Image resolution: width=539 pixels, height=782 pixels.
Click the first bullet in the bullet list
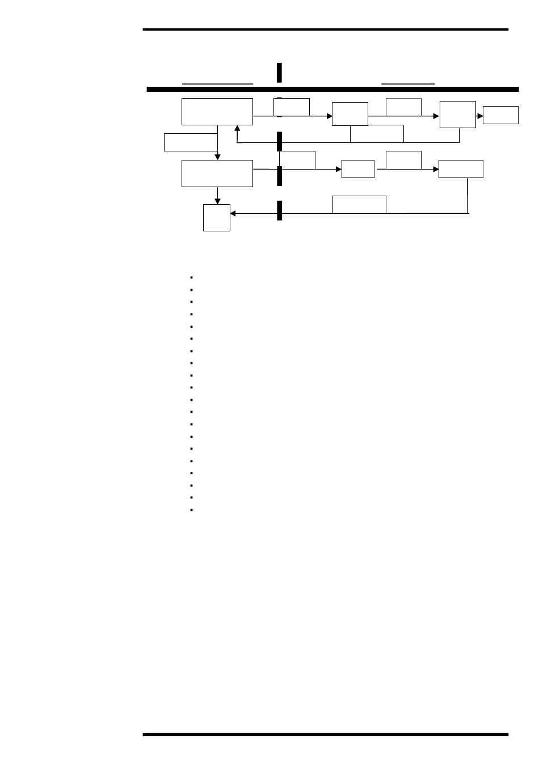point(192,277)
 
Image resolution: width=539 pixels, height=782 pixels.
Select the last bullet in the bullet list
point(192,510)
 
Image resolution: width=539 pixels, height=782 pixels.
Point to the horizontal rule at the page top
point(326,29)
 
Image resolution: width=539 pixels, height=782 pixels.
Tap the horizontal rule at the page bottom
point(326,734)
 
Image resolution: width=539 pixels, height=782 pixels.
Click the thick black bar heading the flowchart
point(332,89)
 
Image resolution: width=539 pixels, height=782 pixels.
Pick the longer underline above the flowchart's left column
point(217,83)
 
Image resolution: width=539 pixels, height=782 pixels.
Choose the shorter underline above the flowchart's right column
point(408,83)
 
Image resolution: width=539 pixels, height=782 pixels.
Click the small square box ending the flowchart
point(217,218)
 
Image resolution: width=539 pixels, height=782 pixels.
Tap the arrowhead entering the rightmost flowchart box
point(481,116)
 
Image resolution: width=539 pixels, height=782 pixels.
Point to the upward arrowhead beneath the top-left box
point(237,129)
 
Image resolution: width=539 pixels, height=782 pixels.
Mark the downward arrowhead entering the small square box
point(217,201)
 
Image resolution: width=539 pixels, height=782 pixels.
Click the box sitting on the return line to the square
point(359,205)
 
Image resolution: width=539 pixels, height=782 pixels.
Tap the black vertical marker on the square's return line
point(280,210)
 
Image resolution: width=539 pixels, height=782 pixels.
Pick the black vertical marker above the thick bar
point(279,73)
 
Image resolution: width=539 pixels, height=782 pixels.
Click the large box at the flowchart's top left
point(217,112)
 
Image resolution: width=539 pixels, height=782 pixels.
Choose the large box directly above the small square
point(217,174)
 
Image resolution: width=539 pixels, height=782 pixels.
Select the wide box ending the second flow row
point(461,169)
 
